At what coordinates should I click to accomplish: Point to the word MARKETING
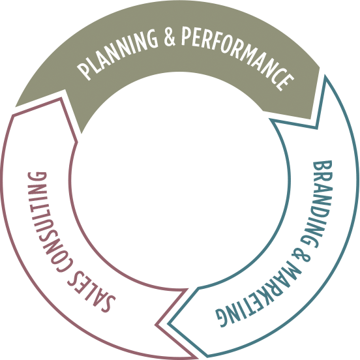(x=260, y=299)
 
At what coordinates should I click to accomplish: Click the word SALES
(x=91, y=291)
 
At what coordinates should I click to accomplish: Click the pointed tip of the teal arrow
(x=168, y=324)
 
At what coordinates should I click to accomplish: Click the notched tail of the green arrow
(x=65, y=90)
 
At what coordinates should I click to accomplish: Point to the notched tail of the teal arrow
(x=317, y=128)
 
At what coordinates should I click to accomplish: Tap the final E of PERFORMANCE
(x=285, y=82)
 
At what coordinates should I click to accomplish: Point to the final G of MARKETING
(x=222, y=318)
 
